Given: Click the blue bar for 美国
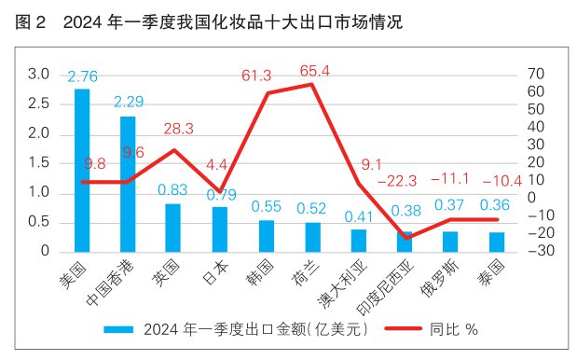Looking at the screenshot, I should point(82,170).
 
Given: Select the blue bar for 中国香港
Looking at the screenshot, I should point(128,184).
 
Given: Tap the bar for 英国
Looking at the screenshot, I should point(173,228).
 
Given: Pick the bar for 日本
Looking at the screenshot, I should point(219,228).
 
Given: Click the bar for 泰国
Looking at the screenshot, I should point(496,242).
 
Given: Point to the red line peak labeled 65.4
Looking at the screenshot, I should point(311,85).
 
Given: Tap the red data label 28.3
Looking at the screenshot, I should point(172,128).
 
